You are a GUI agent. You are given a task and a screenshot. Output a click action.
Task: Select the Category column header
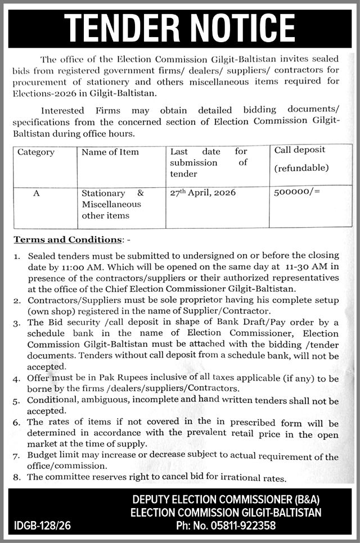tap(36, 152)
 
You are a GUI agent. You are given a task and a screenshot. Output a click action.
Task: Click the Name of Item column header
tap(110, 152)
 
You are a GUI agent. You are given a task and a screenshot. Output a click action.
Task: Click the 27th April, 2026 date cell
tap(202, 192)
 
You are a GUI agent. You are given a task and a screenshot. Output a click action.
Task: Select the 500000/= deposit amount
tap(297, 192)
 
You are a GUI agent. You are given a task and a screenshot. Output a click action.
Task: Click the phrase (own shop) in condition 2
tap(48, 311)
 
